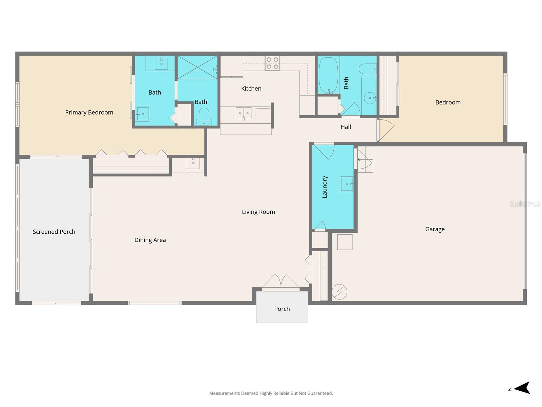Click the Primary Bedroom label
point(89,112)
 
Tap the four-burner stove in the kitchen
point(272,63)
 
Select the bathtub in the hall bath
point(328,75)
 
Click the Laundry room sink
point(347,184)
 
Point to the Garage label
point(435,229)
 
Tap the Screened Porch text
point(54,232)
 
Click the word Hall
point(346,127)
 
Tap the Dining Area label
point(150,240)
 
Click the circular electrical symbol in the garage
point(339,292)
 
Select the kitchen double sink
point(244,113)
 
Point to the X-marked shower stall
point(197,67)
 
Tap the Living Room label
point(258,212)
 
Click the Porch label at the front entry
point(282,309)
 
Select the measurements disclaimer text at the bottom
point(271,393)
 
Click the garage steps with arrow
point(365,159)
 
